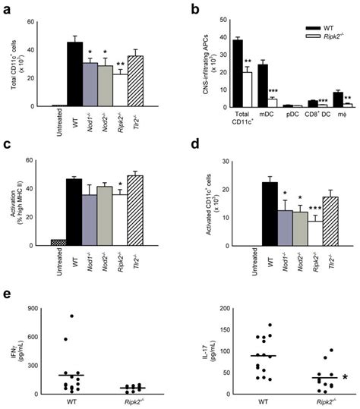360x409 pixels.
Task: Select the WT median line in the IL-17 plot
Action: pyautogui.click(x=263, y=355)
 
